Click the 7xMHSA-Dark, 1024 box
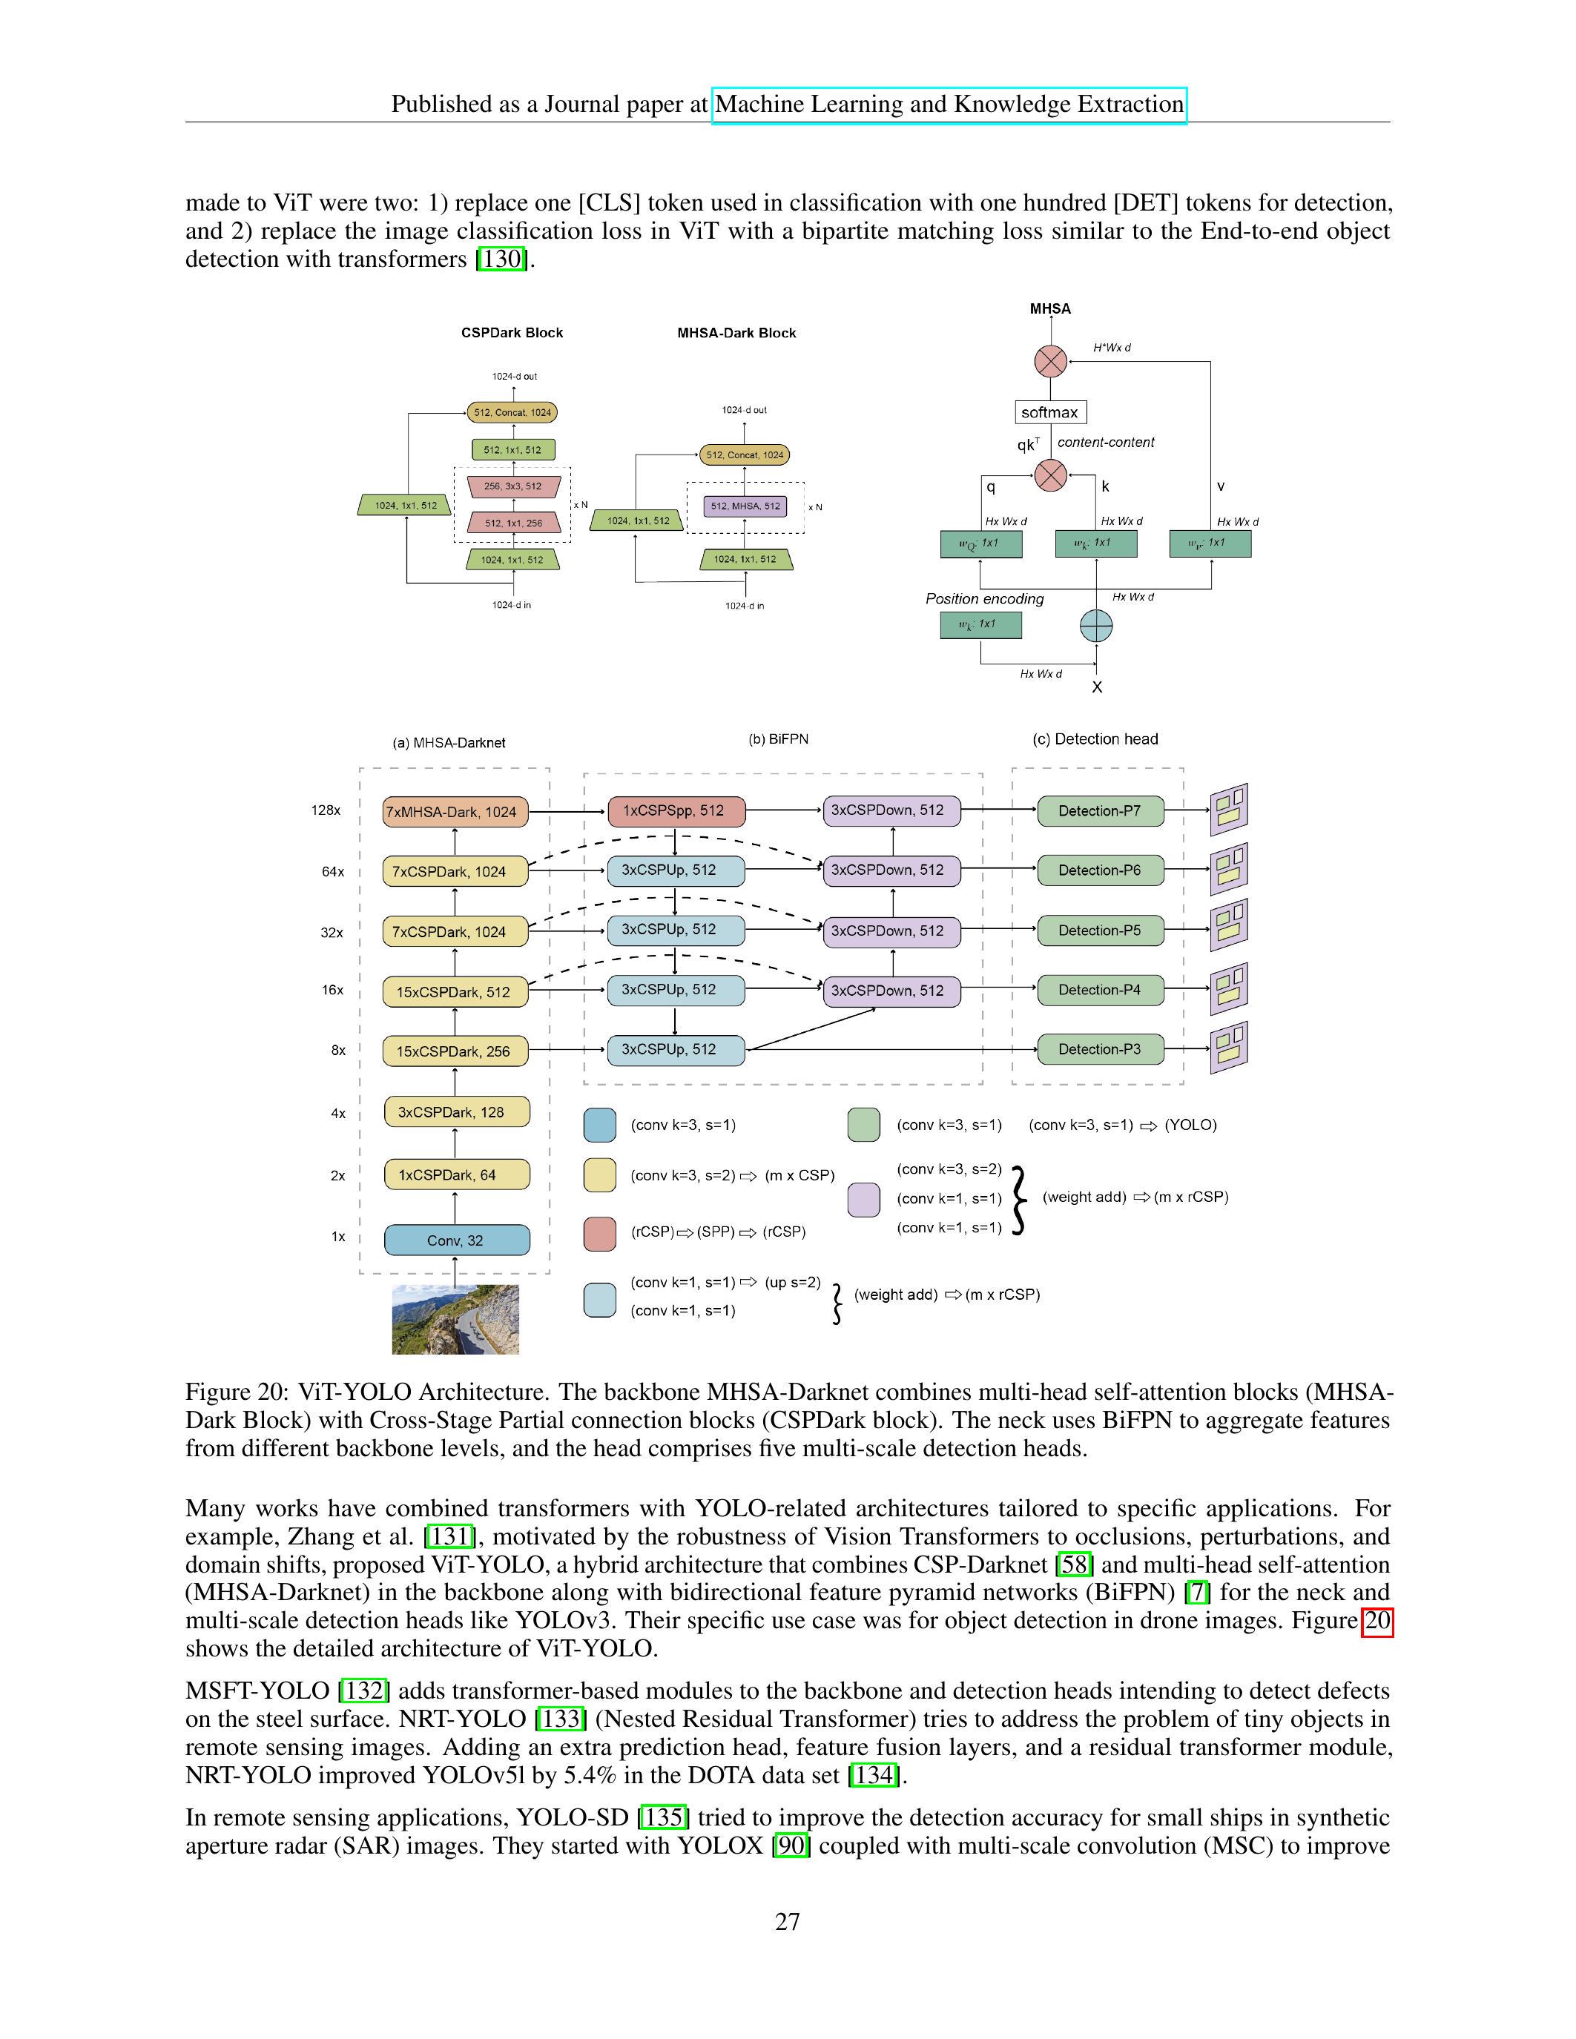(455, 811)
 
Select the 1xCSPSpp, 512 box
(676, 810)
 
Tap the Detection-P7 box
(1100, 810)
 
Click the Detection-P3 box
(1100, 1048)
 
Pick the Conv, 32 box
(457, 1240)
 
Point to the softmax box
(1049, 412)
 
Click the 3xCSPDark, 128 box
(457, 1112)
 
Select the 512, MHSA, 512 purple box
(745, 506)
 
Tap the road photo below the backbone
(455, 1319)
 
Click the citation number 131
(450, 1536)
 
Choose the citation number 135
(662, 1817)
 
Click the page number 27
(787, 1920)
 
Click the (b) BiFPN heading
(778, 738)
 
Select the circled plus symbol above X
(1095, 626)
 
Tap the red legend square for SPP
(599, 1232)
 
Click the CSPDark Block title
(512, 332)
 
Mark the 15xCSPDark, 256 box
(455, 1051)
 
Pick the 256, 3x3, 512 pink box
(512, 486)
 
